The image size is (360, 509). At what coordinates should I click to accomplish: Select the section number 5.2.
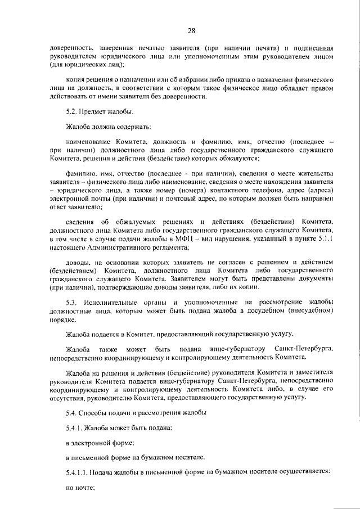tap(71, 112)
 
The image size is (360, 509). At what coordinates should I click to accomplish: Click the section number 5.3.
tap(71, 304)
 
